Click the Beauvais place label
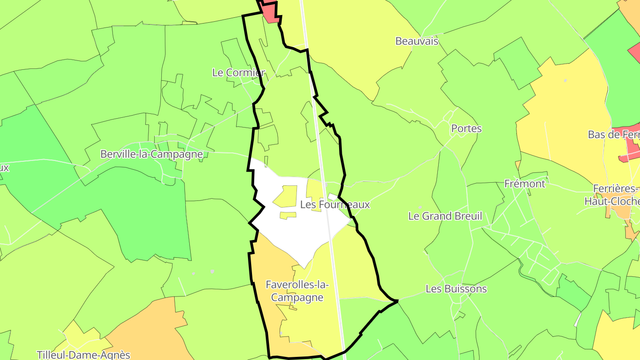(417, 41)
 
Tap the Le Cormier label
(238, 72)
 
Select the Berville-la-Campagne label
(152, 154)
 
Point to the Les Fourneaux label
(335, 204)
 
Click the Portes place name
(466, 128)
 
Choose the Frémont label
(524, 184)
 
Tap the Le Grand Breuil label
(445, 216)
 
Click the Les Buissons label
(456, 289)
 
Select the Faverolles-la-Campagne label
(297, 291)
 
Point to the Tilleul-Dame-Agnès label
(84, 355)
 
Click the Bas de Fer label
(613, 134)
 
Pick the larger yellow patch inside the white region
(286, 196)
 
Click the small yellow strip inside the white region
(288, 216)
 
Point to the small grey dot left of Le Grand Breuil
(420, 207)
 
